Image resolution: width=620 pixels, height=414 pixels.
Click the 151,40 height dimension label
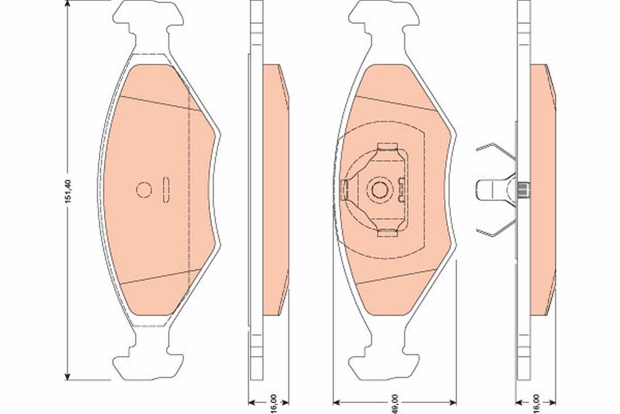68,190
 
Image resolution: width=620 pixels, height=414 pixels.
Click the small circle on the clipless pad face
144,190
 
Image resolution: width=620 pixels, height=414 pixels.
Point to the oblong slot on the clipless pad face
166,190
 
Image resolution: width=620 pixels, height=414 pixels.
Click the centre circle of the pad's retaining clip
379,190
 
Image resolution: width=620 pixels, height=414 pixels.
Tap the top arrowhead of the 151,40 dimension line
68,4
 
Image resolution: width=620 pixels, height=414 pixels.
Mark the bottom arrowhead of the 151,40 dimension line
68,376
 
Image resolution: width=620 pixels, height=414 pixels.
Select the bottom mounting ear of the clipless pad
148,365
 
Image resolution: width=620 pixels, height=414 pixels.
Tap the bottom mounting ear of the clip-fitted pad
383,365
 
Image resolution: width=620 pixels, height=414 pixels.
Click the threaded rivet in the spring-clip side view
523,190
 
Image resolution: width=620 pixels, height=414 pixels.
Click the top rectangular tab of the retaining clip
387,147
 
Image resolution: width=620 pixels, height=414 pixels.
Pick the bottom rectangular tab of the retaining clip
387,233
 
